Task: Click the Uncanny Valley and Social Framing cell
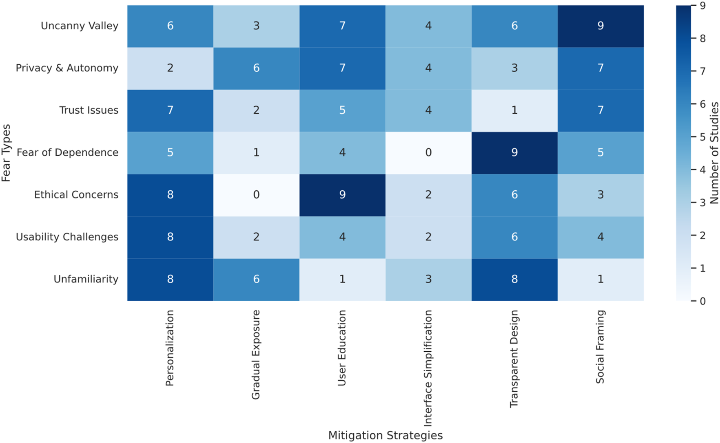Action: pos(600,26)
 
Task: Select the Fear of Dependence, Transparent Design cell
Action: pos(514,153)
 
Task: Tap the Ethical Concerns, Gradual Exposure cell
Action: pos(256,195)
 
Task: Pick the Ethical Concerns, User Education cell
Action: pos(342,195)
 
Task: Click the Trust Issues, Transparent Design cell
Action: pos(514,110)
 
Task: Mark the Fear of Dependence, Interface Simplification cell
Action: pos(428,153)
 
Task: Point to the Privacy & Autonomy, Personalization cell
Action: pos(170,68)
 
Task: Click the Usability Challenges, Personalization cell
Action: pos(170,237)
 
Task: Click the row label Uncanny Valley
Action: pos(80,26)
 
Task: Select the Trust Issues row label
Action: pos(89,110)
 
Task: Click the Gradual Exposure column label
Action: pos(256,355)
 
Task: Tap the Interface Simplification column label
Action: pos(428,368)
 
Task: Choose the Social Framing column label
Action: pos(600,347)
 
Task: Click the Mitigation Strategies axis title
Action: pos(385,435)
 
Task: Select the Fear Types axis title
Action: pos(6,153)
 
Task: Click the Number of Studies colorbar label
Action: pos(714,153)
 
